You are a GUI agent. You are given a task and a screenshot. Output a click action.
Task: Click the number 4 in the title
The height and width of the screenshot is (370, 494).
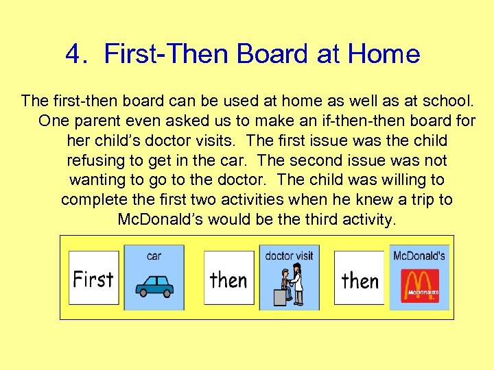pyautogui.click(x=73, y=53)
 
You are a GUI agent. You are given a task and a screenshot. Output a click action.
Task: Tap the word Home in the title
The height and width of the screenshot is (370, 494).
pyautogui.click(x=384, y=53)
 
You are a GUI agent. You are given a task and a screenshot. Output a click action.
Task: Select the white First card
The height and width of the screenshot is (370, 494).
pyautogui.click(x=93, y=278)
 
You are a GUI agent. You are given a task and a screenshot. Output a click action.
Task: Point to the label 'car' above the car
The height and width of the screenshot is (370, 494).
pyautogui.click(x=154, y=256)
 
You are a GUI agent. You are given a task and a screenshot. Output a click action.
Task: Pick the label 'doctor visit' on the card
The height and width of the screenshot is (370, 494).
pyautogui.click(x=289, y=256)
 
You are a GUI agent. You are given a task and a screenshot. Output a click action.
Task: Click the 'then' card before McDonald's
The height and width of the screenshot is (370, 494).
pyautogui.click(x=360, y=279)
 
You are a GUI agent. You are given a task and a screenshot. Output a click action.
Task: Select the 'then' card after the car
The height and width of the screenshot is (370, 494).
pyautogui.click(x=228, y=278)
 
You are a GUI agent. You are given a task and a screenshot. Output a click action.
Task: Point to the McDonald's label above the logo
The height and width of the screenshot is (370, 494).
pyautogui.click(x=419, y=256)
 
